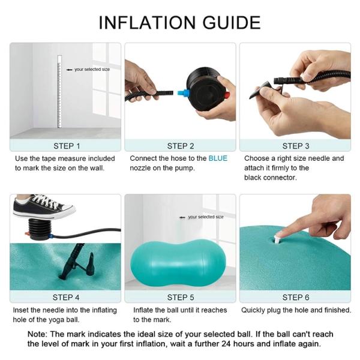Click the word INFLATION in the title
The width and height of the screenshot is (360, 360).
[147, 23]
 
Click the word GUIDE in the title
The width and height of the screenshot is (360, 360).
[232, 23]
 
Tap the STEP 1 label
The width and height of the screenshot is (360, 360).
[67, 146]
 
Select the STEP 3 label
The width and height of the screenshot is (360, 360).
[296, 146]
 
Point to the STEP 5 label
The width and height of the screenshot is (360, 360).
[181, 298]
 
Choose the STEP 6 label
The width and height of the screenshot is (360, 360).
[296, 298]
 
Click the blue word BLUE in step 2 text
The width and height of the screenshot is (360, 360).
[218, 158]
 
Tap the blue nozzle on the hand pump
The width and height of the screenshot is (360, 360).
[183, 93]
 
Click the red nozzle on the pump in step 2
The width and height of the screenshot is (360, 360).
[227, 95]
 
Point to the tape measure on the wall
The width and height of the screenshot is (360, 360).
[59, 91]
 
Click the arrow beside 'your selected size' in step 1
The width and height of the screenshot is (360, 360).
[69, 70]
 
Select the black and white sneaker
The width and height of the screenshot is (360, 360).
[44, 207]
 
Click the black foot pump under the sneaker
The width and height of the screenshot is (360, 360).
[39, 229]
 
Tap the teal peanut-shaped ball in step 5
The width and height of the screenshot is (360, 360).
[178, 263]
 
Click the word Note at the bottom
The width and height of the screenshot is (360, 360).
[37, 334]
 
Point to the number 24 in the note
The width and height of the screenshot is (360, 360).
[226, 344]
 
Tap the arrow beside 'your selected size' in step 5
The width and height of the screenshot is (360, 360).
[182, 217]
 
